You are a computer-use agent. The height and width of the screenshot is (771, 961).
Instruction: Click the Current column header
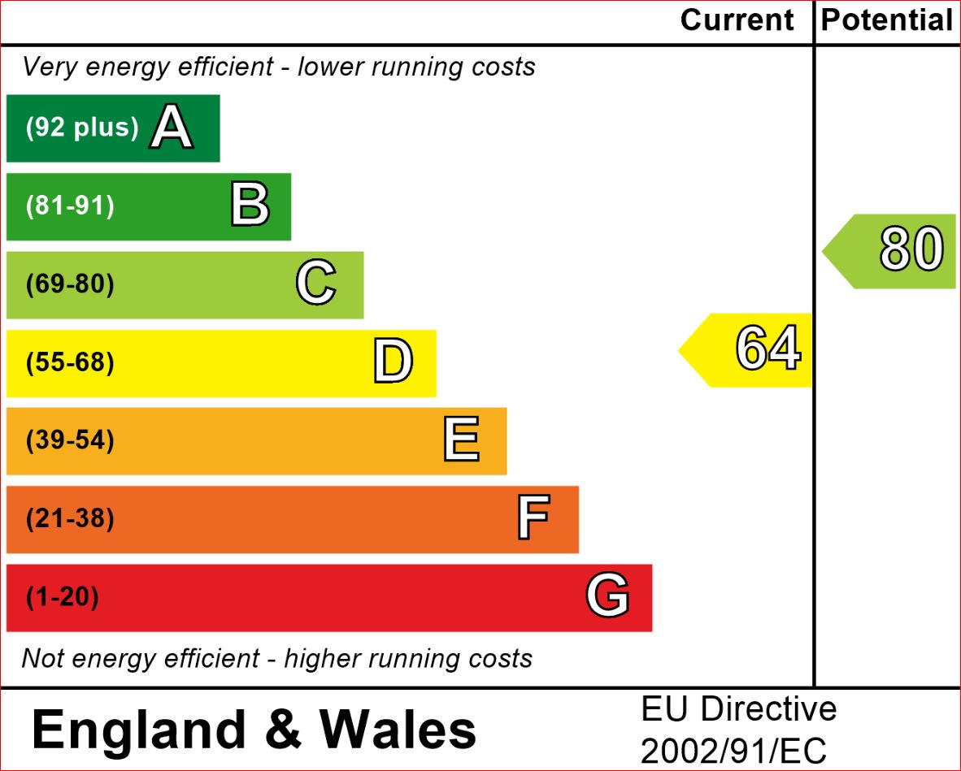pyautogui.click(x=737, y=20)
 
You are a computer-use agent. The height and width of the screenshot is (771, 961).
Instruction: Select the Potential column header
pyautogui.click(x=886, y=20)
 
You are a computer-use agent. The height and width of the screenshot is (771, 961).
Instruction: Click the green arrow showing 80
pyautogui.click(x=891, y=250)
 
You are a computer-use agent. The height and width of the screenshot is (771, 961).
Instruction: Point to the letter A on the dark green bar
pyautogui.click(x=172, y=128)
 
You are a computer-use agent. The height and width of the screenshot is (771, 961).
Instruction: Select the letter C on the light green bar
pyautogui.click(x=315, y=284)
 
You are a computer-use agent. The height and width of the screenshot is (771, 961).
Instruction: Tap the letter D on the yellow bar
pyautogui.click(x=394, y=362)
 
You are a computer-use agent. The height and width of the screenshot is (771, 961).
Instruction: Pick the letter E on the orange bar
pyautogui.click(x=461, y=440)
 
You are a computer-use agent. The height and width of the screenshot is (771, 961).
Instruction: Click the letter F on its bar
pyautogui.click(x=533, y=518)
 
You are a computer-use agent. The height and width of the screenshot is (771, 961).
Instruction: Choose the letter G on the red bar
pyautogui.click(x=607, y=597)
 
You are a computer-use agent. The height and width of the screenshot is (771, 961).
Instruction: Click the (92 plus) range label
pyautogui.click(x=82, y=128)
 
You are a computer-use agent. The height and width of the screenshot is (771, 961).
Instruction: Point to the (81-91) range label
pyautogui.click(x=70, y=206)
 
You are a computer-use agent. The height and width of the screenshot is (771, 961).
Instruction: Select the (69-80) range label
pyautogui.click(x=70, y=284)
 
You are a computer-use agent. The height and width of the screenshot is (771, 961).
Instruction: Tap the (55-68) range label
pyautogui.click(x=70, y=362)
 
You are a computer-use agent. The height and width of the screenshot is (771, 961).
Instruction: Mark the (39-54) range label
pyautogui.click(x=70, y=440)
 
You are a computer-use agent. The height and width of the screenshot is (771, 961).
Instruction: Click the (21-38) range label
pyautogui.click(x=70, y=518)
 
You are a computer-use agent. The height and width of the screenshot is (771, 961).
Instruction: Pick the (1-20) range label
pyautogui.click(x=62, y=597)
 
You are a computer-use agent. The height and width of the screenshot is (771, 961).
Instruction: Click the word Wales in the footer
pyautogui.click(x=398, y=729)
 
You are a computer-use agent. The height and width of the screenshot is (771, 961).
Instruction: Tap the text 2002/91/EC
pyautogui.click(x=733, y=752)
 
